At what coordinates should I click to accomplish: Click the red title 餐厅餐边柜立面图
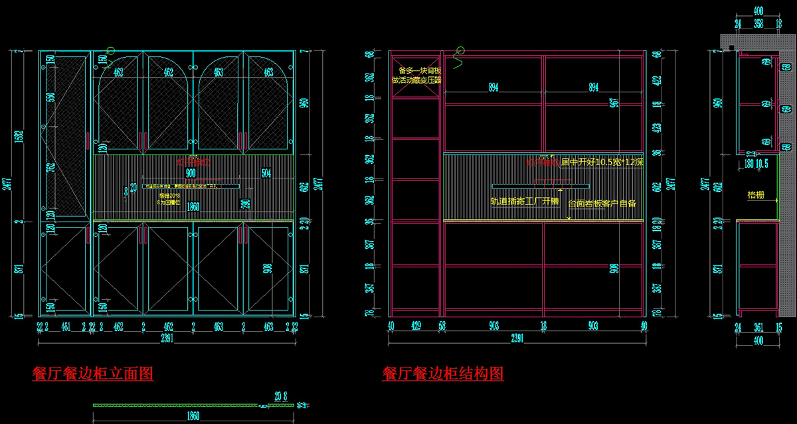(93, 374)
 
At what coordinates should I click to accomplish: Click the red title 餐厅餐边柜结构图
(442, 374)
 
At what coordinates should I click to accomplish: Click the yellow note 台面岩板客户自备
(602, 203)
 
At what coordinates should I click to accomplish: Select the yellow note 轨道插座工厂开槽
(525, 201)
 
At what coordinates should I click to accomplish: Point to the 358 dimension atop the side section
(758, 23)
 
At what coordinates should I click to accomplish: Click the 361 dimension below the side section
(758, 326)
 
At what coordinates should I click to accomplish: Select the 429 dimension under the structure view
(415, 326)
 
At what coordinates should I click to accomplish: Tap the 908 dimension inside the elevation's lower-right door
(267, 269)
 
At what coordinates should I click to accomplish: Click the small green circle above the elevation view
(111, 50)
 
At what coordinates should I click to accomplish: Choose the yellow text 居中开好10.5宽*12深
(602, 162)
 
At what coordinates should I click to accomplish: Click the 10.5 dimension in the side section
(762, 163)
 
